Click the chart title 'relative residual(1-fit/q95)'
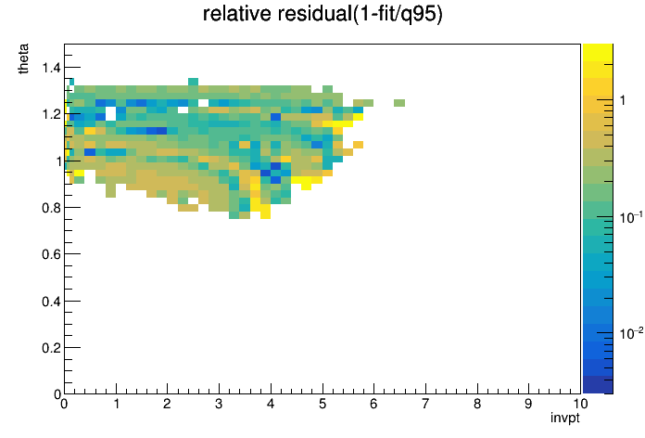(x=322, y=14)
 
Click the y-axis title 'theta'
(x=23, y=58)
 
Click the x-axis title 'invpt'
(x=564, y=418)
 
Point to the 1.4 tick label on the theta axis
(x=51, y=67)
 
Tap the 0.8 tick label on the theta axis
(x=51, y=208)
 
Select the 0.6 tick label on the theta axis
(x=51, y=254)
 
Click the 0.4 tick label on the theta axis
(x=51, y=302)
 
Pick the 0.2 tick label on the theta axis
(x=51, y=348)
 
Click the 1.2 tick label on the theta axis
(x=51, y=114)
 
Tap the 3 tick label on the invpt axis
(x=219, y=404)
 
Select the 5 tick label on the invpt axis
(x=322, y=404)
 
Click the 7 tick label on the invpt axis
(x=425, y=404)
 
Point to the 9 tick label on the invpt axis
(x=528, y=404)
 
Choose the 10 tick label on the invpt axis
(x=579, y=404)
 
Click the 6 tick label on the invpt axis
(x=373, y=404)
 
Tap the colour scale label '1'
(x=623, y=100)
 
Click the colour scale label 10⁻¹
(x=631, y=217)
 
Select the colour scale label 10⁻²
(x=631, y=333)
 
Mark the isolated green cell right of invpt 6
(x=399, y=103)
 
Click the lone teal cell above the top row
(x=194, y=82)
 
